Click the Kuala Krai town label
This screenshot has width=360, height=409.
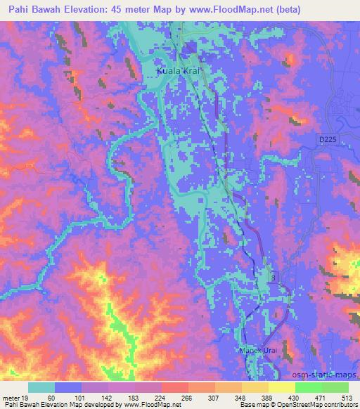(179, 72)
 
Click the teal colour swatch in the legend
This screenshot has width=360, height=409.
(41, 387)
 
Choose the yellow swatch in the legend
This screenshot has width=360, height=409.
(282, 387)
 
